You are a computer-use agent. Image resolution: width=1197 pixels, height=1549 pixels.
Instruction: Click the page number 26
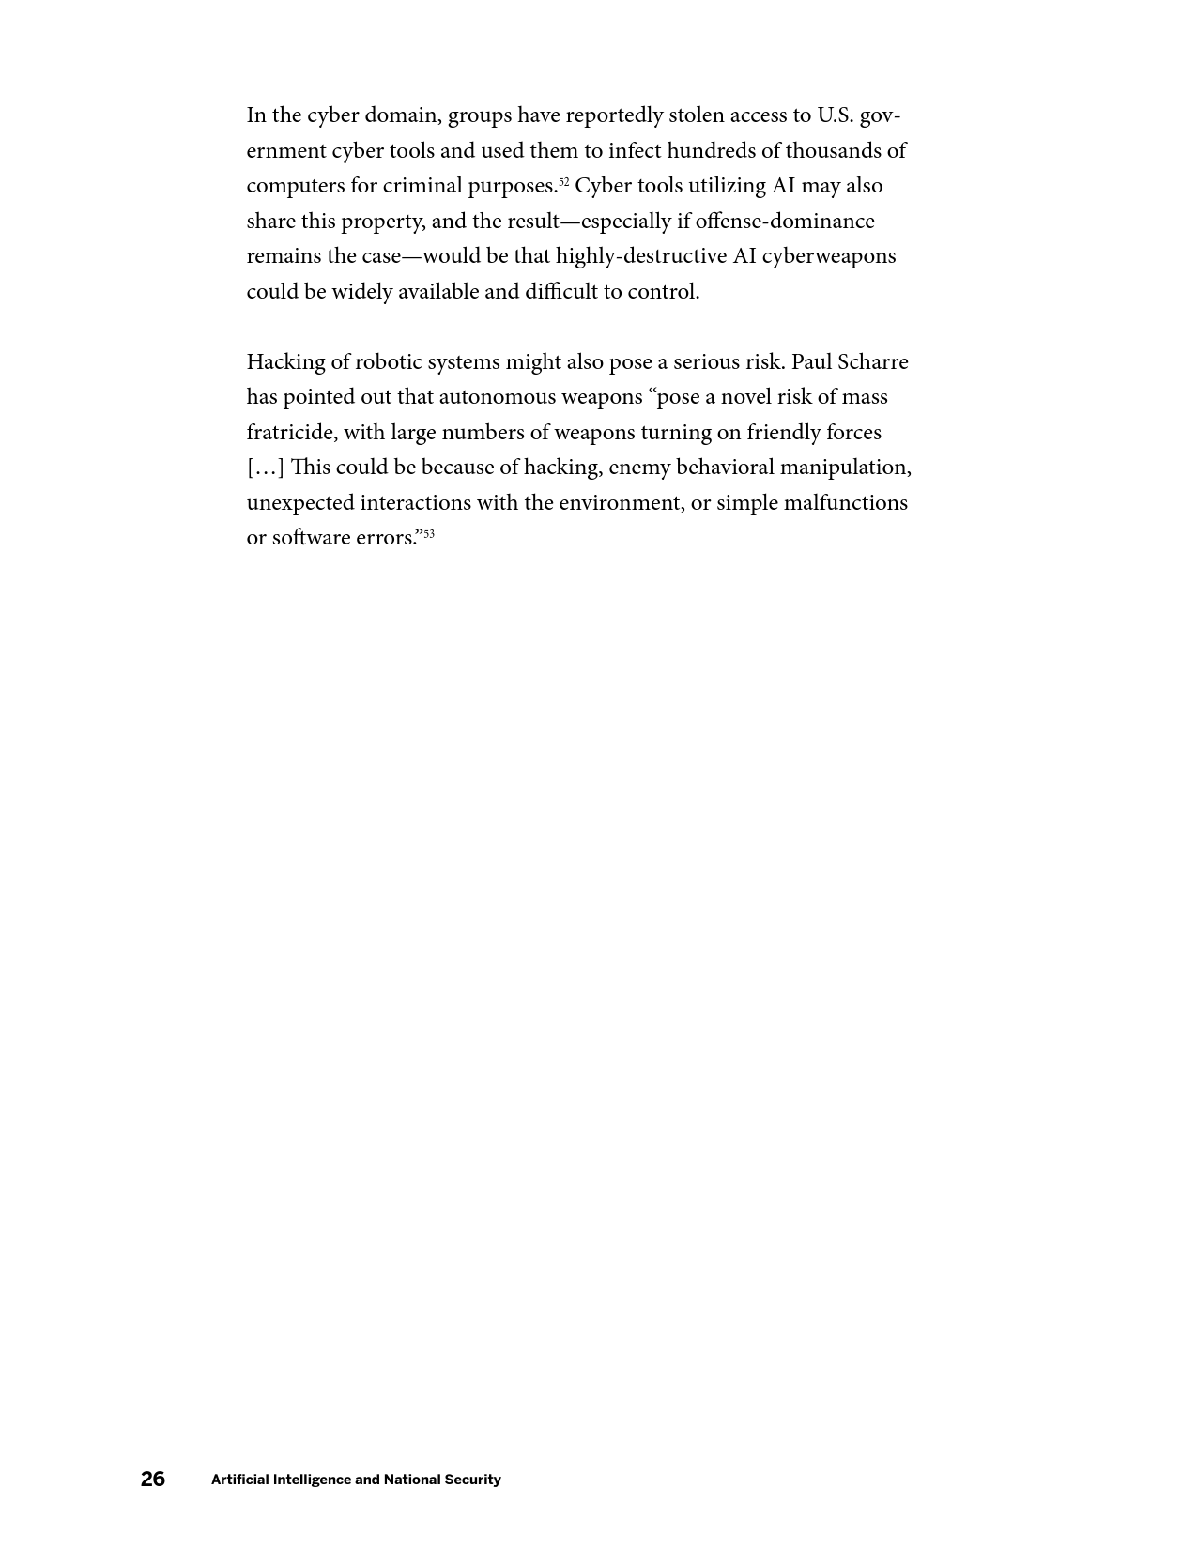coord(153,1480)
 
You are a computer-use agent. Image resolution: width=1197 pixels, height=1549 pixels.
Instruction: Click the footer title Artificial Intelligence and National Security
coord(356,1480)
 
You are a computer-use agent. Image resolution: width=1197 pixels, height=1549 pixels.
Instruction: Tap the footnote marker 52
coord(564,181)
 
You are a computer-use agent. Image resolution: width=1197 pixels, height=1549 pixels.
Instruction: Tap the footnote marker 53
coord(429,533)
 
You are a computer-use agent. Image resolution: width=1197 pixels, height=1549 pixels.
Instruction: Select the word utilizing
coord(728,186)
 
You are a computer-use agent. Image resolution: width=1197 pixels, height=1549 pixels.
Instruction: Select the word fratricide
coord(291,433)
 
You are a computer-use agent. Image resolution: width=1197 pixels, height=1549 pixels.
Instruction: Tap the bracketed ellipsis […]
coord(265,468)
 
